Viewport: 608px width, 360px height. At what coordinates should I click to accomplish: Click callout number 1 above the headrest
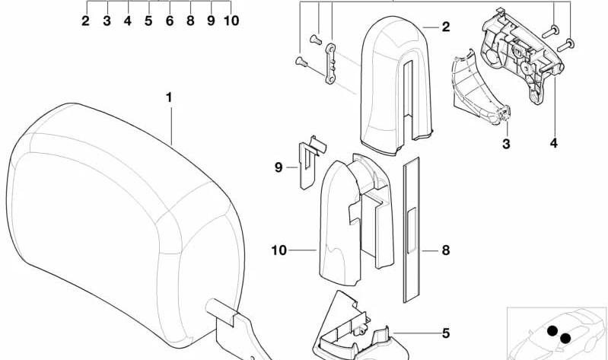tap(169, 97)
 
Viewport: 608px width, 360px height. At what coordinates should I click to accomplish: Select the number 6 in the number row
tap(170, 21)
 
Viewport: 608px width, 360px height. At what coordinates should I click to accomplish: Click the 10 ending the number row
tap(231, 21)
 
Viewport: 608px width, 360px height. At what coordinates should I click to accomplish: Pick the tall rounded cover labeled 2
tap(396, 85)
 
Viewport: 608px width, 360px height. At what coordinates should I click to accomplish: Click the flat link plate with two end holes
tap(330, 64)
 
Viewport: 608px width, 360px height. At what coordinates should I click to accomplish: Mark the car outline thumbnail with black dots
tap(557, 333)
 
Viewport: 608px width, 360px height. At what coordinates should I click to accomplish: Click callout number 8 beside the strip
tap(446, 250)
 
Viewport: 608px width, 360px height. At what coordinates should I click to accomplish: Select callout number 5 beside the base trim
tap(446, 333)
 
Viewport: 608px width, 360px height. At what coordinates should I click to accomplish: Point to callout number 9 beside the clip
tap(279, 167)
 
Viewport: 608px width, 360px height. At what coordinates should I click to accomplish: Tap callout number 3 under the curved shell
tap(506, 144)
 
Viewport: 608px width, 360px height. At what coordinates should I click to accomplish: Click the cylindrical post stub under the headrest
tap(220, 309)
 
